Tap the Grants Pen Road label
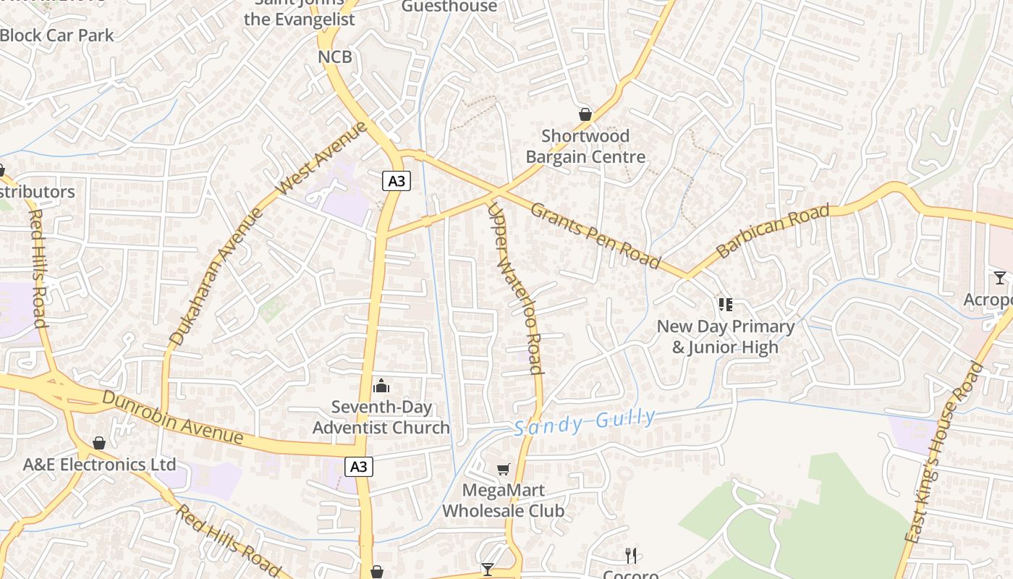[595, 235]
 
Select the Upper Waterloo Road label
[515, 288]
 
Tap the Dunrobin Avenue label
[172, 418]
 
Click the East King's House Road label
[945, 453]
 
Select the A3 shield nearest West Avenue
[397, 181]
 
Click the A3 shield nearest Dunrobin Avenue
[359, 467]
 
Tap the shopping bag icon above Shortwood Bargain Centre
[585, 114]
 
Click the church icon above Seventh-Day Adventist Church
[381, 386]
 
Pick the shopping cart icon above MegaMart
[504, 469]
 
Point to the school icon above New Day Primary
[726, 304]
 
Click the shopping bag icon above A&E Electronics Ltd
[99, 442]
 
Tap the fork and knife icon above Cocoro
[631, 555]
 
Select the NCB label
[335, 56]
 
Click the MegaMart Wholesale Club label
[504, 500]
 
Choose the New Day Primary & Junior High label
[726, 337]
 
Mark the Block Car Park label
[57, 35]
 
